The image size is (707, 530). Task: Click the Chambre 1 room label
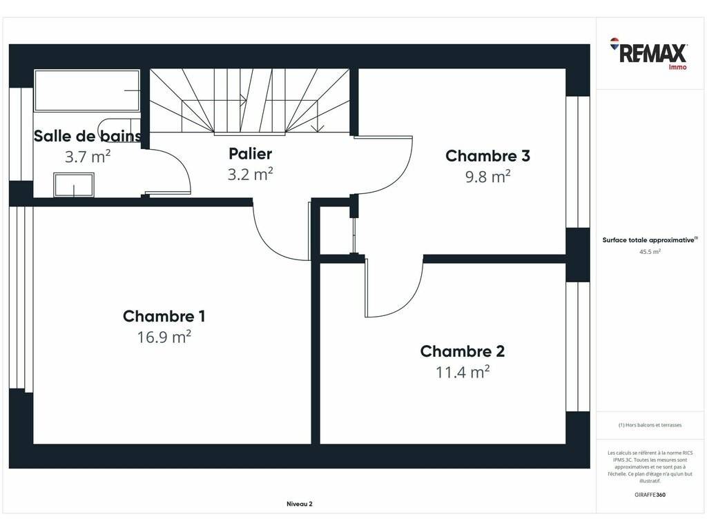coord(164,316)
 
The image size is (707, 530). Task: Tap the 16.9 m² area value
coord(164,337)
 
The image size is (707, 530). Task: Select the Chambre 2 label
coord(463,351)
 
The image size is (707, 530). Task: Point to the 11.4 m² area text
coord(463,372)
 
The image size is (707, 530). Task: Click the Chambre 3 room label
coord(488,156)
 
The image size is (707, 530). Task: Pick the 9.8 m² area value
coord(488,176)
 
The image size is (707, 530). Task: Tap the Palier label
coord(250,154)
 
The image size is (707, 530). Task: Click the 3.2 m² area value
coord(250,174)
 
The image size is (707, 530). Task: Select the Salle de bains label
coord(88,136)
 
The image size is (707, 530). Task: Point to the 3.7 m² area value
coord(88,157)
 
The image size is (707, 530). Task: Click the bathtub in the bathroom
coord(87,90)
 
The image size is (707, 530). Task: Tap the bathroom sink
coord(74,185)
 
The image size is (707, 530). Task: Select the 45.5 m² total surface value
coord(650,252)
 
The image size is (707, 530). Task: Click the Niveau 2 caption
coord(300,504)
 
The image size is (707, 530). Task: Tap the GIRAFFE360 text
coord(650,495)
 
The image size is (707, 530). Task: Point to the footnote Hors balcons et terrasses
coord(650,425)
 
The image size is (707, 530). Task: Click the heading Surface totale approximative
coord(650,239)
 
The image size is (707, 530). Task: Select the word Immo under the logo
coord(678,67)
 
